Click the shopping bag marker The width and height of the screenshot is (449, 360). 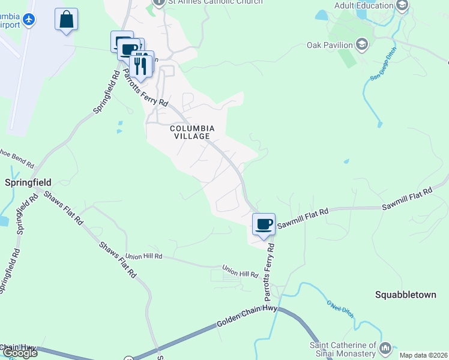coord(66,19)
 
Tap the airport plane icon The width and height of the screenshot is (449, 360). coord(28,20)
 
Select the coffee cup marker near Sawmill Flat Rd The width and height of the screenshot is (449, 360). coord(264,224)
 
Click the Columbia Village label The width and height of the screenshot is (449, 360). coord(192,132)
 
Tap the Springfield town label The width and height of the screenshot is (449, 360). coord(28,182)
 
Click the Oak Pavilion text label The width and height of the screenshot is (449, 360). coord(330,45)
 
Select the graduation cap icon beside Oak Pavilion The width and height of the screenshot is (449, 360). coord(361,44)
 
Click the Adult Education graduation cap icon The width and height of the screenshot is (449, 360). coord(402,6)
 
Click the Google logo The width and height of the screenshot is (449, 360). coord(19,353)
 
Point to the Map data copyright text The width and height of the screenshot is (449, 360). coord(423,355)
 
